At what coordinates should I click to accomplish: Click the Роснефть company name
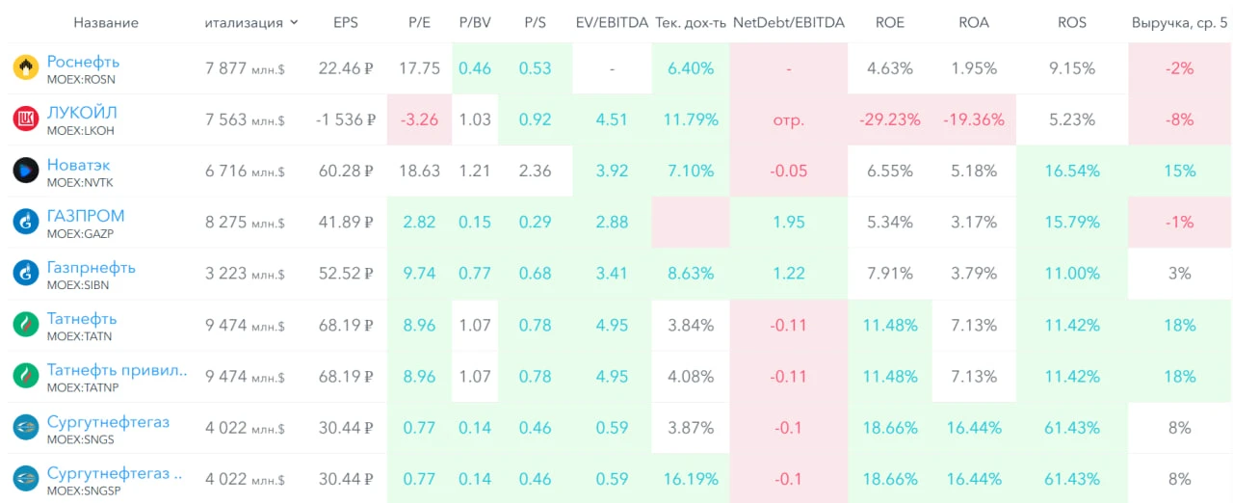(x=83, y=62)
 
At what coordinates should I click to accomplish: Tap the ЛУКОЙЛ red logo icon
(x=26, y=119)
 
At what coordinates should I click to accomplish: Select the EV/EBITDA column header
(x=612, y=22)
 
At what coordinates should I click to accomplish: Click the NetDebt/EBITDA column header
(x=788, y=22)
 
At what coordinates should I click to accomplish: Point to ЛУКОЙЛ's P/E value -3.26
(x=419, y=119)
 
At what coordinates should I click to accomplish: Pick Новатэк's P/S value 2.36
(x=535, y=171)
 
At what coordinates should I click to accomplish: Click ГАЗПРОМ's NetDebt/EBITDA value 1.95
(x=788, y=222)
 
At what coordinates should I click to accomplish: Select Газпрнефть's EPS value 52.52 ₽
(x=346, y=274)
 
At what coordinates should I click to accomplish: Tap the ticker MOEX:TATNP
(x=83, y=387)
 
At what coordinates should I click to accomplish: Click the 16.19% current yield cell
(x=691, y=479)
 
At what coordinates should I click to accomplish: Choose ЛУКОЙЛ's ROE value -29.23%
(x=889, y=119)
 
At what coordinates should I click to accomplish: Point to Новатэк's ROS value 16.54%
(x=1072, y=171)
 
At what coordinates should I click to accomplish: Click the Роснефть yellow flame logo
(x=26, y=67)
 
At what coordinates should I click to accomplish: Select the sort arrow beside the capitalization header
(x=294, y=22)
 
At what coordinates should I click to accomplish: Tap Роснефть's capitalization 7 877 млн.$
(x=245, y=68)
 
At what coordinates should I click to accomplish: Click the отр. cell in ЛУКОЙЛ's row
(x=788, y=120)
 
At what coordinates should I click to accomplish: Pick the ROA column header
(x=973, y=22)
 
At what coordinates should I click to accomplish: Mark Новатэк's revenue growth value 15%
(x=1179, y=171)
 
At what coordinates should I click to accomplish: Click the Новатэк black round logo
(x=26, y=171)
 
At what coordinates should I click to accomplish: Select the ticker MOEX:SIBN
(x=78, y=285)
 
